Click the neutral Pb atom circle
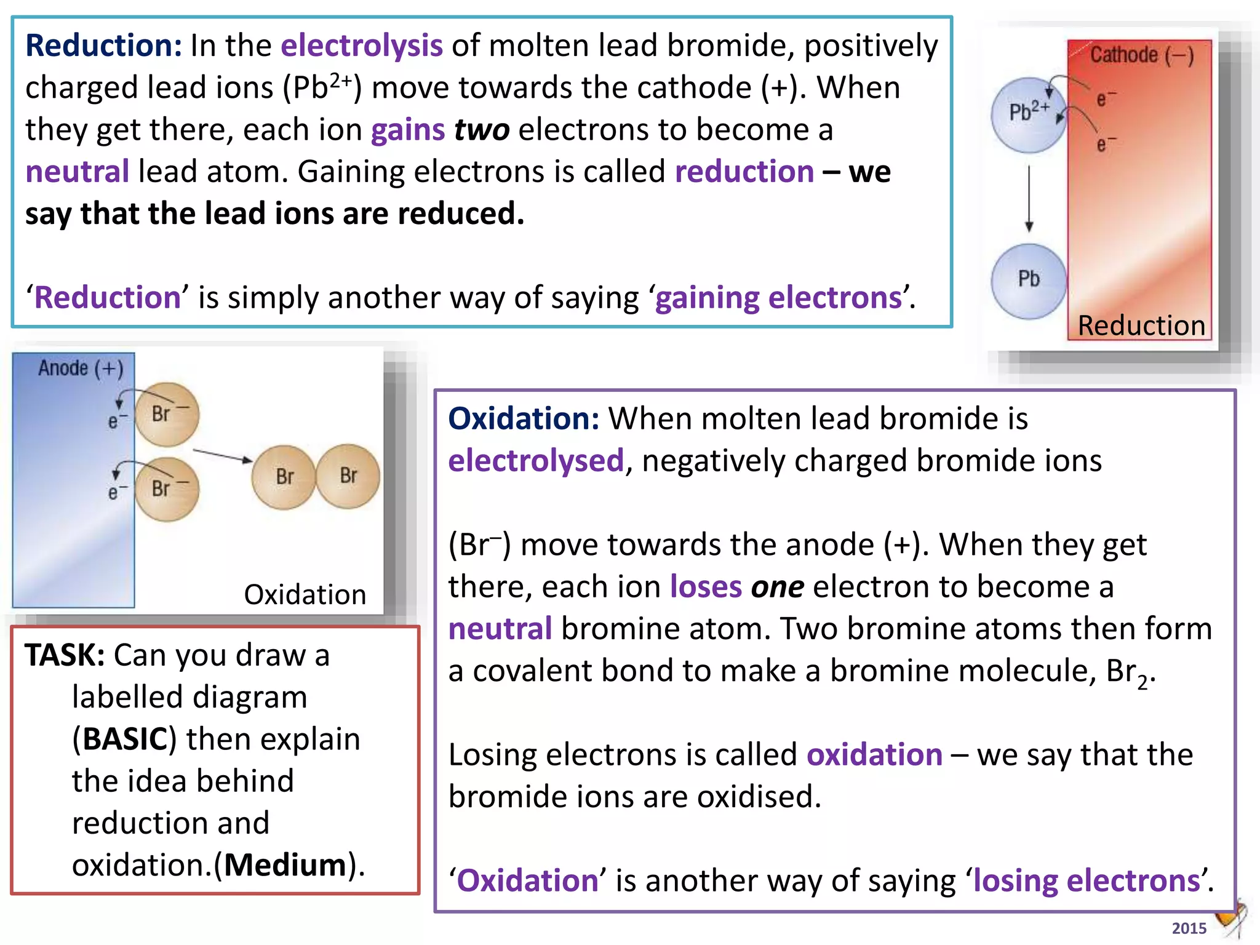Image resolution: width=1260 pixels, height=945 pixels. click(x=1028, y=281)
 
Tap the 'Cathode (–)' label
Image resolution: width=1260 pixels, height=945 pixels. click(x=1142, y=55)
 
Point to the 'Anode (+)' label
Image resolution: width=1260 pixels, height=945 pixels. click(x=81, y=369)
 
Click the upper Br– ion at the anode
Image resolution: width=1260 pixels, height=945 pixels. click(x=167, y=415)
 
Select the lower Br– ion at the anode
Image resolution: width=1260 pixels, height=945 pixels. click(x=167, y=489)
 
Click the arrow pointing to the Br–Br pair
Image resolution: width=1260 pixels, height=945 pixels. click(x=222, y=456)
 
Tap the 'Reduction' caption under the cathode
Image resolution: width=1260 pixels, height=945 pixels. click(x=1141, y=325)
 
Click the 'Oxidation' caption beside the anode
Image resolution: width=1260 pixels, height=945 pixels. click(x=305, y=595)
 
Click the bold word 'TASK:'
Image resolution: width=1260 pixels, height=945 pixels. click(x=65, y=655)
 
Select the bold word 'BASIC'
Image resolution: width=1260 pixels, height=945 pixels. click(x=125, y=739)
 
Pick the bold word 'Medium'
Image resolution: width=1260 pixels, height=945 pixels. click(x=285, y=865)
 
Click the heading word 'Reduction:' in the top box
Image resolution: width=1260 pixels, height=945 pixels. click(x=103, y=46)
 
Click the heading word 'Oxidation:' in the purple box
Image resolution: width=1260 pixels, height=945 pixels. click(x=524, y=419)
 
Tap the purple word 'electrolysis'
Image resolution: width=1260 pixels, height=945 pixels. click(x=362, y=46)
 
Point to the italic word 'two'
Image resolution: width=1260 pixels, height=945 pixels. click(x=482, y=130)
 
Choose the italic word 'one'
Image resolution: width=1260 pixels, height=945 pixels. click(x=777, y=587)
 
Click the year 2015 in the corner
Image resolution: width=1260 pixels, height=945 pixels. click(x=1189, y=928)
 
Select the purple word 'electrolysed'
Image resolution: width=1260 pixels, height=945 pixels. click(x=536, y=461)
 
